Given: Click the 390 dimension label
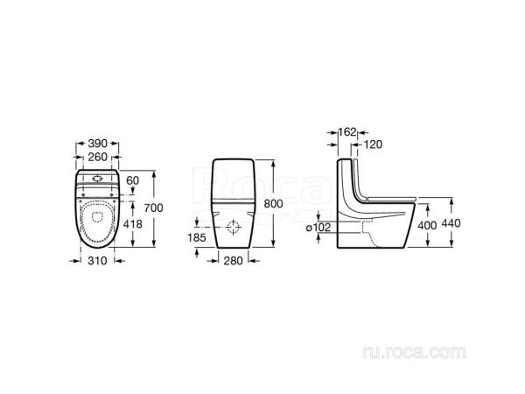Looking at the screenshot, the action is click(97, 144).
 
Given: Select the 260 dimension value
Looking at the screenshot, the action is click(97, 157).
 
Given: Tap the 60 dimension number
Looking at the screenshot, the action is click(133, 180).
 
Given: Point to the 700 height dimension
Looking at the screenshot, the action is click(154, 208).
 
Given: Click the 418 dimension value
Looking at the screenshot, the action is click(133, 224).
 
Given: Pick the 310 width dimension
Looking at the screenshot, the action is click(97, 260).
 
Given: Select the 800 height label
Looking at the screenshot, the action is click(273, 203).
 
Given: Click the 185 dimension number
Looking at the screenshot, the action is click(197, 237).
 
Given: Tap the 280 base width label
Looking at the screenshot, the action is click(233, 260).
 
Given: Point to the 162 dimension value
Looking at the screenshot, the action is click(346, 132).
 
